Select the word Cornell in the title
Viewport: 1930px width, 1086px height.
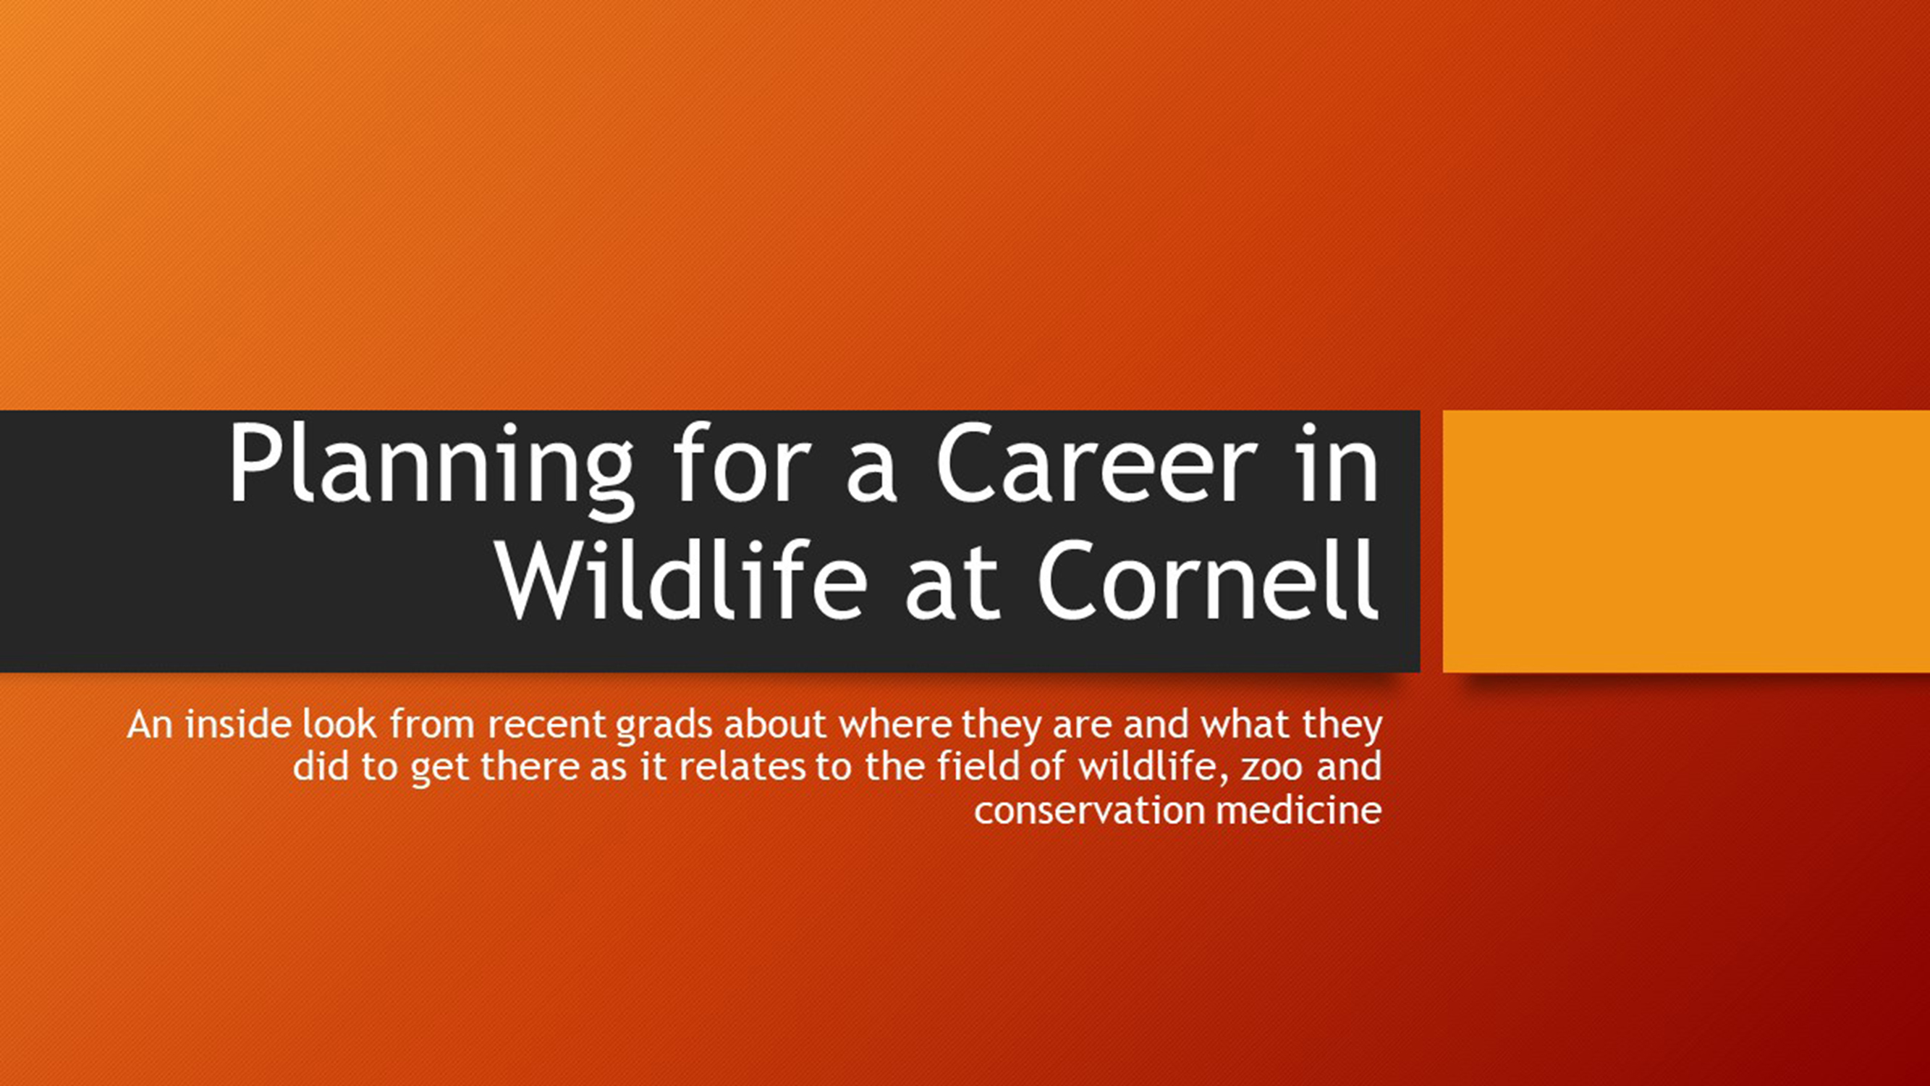point(1208,579)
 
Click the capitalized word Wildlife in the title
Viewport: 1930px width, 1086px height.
point(682,579)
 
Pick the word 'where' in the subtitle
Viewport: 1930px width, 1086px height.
point(894,725)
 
